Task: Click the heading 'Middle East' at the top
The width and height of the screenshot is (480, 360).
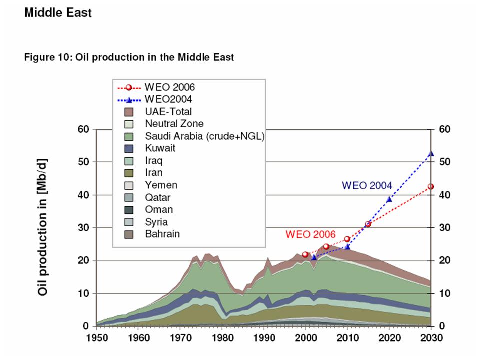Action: [x=58, y=13]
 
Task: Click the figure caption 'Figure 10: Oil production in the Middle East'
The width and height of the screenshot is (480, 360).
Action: [x=129, y=57]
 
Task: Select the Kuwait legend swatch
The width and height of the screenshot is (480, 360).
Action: [x=129, y=148]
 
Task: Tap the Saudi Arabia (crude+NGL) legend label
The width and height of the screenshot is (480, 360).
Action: [x=204, y=136]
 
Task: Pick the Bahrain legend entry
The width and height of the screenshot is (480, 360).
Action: [x=162, y=234]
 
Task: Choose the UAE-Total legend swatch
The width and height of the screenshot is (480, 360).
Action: [x=129, y=112]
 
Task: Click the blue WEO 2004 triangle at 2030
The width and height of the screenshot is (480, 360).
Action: [x=431, y=154]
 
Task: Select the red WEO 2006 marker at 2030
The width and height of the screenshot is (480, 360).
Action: [x=431, y=187]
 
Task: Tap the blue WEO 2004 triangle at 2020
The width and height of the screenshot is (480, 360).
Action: [x=389, y=199]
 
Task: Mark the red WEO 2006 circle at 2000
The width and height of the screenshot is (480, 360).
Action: [x=305, y=254]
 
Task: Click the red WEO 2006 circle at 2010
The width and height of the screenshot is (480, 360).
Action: [x=347, y=239]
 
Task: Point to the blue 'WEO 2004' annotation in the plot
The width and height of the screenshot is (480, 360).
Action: [x=367, y=185]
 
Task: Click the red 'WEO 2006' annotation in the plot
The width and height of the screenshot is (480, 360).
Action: [x=310, y=233]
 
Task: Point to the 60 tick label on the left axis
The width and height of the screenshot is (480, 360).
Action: [x=83, y=129]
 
